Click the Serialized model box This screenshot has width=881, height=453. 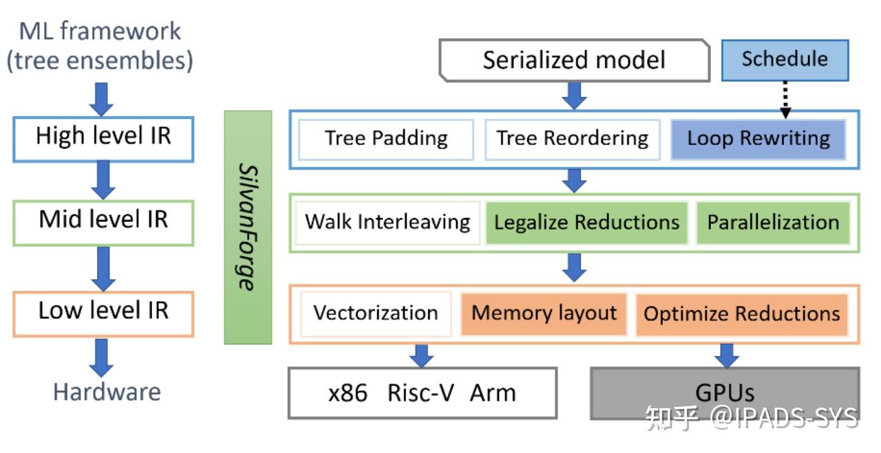(574, 60)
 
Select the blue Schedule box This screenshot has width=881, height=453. (785, 60)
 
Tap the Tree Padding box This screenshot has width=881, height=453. (386, 139)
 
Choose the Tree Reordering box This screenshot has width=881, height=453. (573, 139)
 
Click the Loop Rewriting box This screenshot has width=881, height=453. (758, 139)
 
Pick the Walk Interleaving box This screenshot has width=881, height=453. (388, 222)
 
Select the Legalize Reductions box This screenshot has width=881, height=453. (587, 222)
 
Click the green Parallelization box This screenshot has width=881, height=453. (773, 222)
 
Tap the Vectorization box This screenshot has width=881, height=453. (376, 313)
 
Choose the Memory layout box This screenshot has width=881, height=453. (544, 313)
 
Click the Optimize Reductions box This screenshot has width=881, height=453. (741, 314)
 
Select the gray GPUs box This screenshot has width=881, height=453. (725, 393)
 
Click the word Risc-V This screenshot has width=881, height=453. (419, 393)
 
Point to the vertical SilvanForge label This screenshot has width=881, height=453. (248, 227)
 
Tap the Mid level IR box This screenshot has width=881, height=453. (103, 221)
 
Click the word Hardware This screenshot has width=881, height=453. (107, 392)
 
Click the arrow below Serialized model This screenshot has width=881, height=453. (573, 95)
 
